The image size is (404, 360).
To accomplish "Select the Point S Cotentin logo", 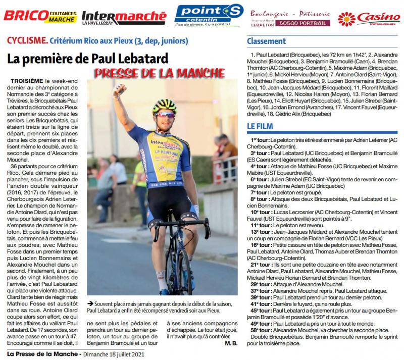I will click(208, 15).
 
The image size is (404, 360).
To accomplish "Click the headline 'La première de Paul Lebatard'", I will click(87, 58).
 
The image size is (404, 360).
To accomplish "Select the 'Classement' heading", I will click(267, 41).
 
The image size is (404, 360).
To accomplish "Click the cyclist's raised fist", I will click(119, 89).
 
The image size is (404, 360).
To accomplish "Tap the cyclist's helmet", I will click(165, 106).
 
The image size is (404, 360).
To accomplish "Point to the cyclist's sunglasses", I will click(165, 115).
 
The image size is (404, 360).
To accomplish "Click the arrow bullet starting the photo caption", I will click(90, 303).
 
